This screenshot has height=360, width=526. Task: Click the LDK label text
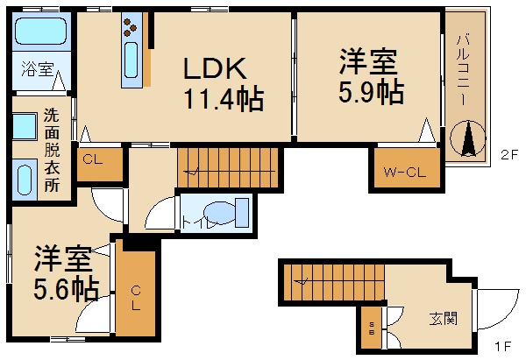[215, 68]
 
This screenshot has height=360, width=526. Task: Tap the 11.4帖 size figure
[224, 99]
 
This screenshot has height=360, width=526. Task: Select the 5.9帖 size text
[371, 91]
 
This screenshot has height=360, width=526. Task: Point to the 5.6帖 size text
[67, 288]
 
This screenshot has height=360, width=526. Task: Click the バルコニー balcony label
[462, 69]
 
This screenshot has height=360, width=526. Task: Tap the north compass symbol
[467, 138]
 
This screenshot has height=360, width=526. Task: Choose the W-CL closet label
[405, 173]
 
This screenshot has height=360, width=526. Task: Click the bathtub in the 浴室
[40, 32]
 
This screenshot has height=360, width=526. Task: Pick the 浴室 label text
[37, 68]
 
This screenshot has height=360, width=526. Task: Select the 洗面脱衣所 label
[52, 150]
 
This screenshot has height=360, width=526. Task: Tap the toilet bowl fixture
[220, 212]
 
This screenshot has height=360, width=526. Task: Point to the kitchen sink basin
[131, 60]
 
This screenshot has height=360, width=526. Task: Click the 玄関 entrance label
[443, 319]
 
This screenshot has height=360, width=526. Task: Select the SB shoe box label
[372, 328]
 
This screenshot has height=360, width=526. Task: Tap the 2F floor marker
[509, 155]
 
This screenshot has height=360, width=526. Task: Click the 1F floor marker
[503, 346]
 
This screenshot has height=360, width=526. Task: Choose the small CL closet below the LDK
[100, 164]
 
